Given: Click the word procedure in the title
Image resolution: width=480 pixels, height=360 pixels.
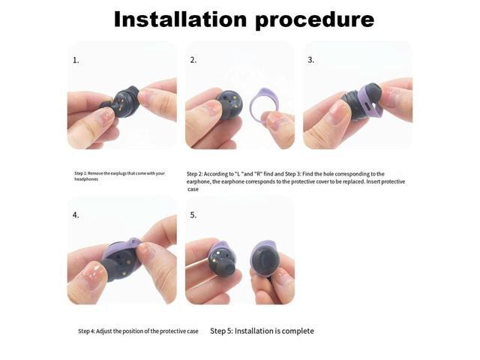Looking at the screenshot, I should tap(314, 19).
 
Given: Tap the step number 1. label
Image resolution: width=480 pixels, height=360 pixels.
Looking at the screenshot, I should tap(76, 60).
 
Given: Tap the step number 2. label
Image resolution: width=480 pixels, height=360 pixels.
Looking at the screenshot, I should tap(193, 60).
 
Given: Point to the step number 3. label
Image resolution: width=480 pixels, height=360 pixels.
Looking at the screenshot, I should tap(311, 60).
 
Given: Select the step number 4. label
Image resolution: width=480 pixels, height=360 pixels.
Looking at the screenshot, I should tap(76, 215).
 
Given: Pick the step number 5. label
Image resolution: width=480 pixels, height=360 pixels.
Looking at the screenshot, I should tap(193, 215).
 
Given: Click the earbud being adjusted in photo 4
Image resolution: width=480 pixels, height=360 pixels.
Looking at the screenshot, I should tap(120, 259).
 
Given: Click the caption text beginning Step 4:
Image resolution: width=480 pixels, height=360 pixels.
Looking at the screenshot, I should tap(138, 331).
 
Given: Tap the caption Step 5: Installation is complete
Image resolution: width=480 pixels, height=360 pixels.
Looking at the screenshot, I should tap(262, 331).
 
